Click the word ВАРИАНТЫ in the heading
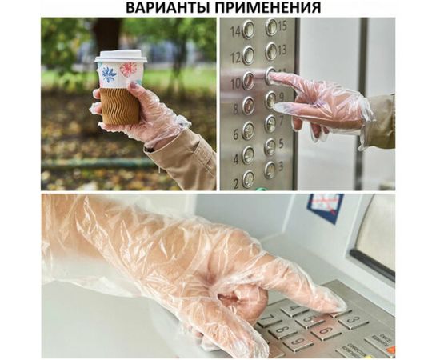(x=167, y=8)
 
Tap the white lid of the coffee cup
(x=121, y=57)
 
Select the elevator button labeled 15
(x=271, y=26)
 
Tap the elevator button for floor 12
(x=248, y=55)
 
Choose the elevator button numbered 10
(x=248, y=81)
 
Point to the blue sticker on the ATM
(x=325, y=206)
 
